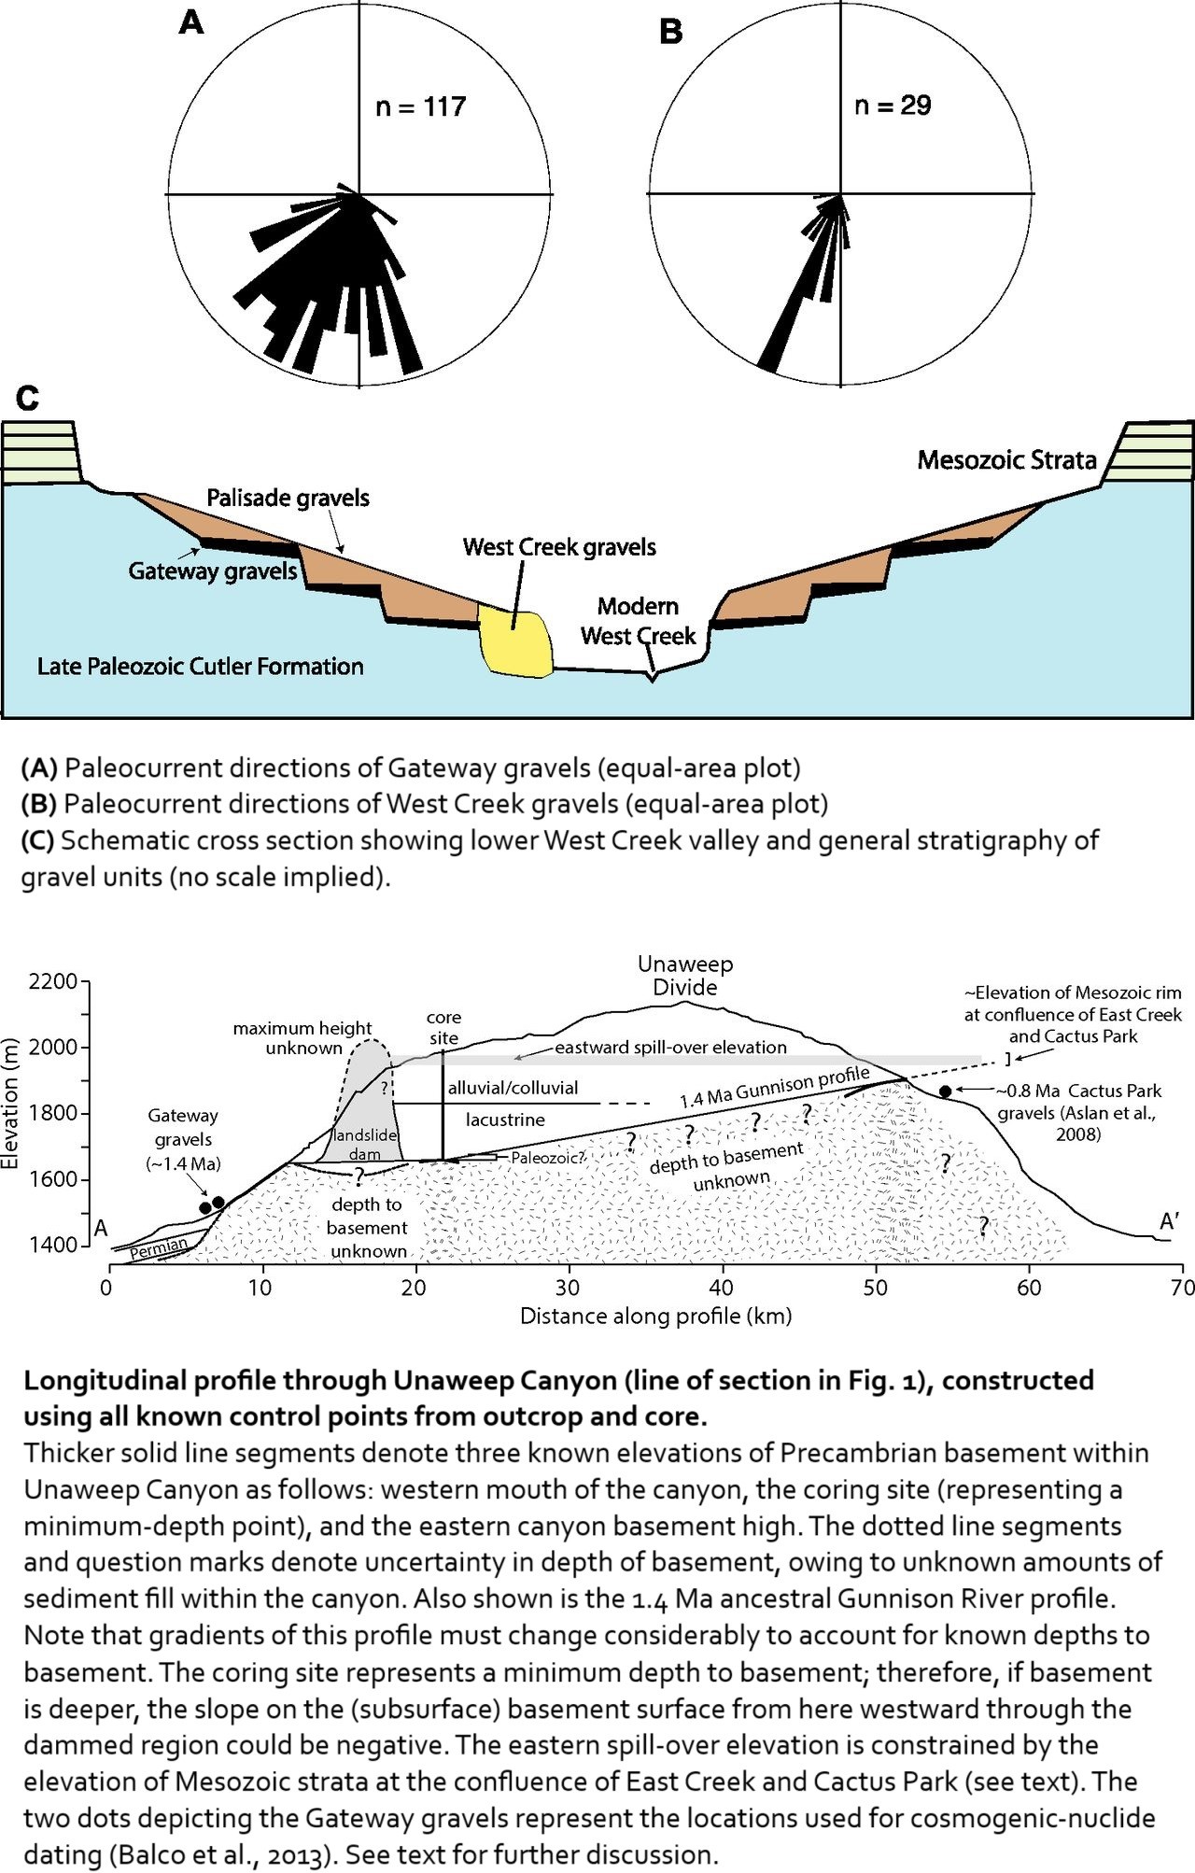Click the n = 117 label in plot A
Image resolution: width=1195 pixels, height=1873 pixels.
pyautogui.click(x=420, y=106)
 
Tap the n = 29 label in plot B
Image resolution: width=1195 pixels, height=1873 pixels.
pyautogui.click(x=893, y=105)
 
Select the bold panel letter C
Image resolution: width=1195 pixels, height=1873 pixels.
pyautogui.click(x=28, y=399)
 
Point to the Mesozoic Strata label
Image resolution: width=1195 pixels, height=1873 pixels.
pyautogui.click(x=1006, y=459)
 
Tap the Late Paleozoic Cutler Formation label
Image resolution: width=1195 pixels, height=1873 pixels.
pyautogui.click(x=201, y=666)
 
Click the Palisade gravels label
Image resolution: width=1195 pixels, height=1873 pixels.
pyautogui.click(x=288, y=498)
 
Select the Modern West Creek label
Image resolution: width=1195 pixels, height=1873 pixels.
pyautogui.click(x=638, y=621)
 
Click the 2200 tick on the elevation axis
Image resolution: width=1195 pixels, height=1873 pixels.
pyautogui.click(x=52, y=981)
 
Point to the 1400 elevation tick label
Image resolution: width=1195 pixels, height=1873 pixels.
pyautogui.click(x=52, y=1245)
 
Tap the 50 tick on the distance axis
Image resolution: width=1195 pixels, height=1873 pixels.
pyautogui.click(x=876, y=1288)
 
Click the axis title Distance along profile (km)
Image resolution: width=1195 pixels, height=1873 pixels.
pyautogui.click(x=655, y=1316)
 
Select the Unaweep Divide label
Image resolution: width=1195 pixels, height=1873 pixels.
pyautogui.click(x=685, y=976)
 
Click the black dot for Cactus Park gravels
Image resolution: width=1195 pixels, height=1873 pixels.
pyautogui.click(x=945, y=1091)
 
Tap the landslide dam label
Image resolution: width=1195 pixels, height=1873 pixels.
pyautogui.click(x=365, y=1145)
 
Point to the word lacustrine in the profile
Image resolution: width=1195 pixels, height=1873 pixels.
pyautogui.click(x=505, y=1120)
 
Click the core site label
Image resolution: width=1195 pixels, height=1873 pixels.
pyautogui.click(x=443, y=1027)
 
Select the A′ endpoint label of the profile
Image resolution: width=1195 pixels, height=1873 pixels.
pyautogui.click(x=1170, y=1221)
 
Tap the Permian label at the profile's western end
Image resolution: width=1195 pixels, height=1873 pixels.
pyautogui.click(x=159, y=1247)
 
